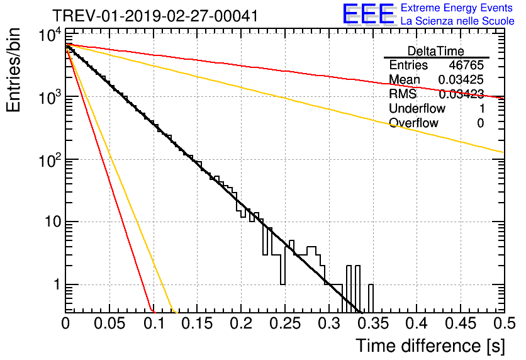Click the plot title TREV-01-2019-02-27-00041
155,16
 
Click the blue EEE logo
368,14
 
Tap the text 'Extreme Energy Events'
457,8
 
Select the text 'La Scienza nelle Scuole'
457,21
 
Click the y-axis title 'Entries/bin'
13,70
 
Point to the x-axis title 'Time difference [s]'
430,346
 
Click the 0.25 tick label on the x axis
285,323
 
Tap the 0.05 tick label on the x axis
109,323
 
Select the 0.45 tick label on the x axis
461,323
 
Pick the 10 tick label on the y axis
53,222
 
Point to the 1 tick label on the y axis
57,284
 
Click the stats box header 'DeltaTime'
436,51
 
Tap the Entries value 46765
466,65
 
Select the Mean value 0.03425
461,79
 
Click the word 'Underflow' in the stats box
417,108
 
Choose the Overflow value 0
481,123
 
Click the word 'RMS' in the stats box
403,94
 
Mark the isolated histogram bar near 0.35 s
371,298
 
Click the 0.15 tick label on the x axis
198,323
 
